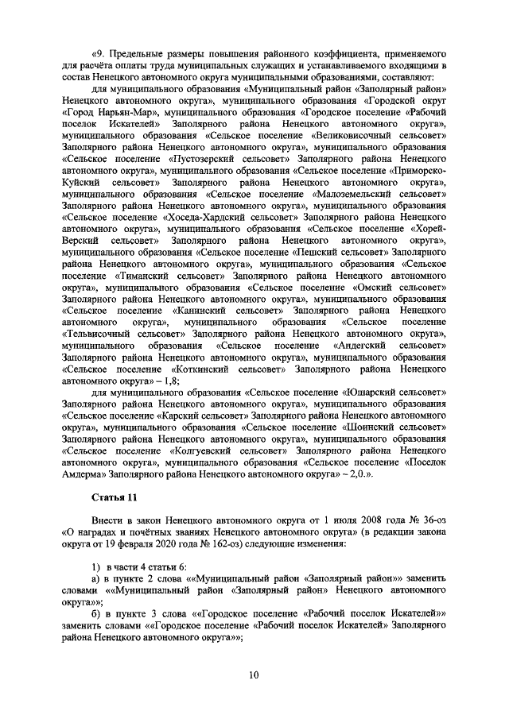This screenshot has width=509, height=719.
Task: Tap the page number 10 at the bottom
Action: click(x=253, y=675)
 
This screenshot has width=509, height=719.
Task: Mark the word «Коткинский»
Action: click(x=202, y=369)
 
